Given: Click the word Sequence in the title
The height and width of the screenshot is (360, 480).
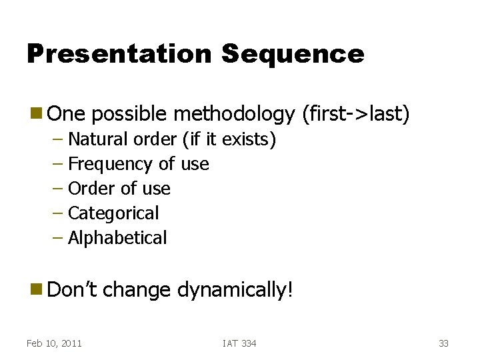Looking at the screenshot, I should pos(293,54).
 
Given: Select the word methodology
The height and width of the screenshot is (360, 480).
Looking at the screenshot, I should pos(233,115).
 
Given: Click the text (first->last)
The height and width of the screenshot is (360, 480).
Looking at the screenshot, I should pos(355,115).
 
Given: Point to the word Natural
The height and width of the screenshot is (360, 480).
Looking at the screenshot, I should pos(98,139).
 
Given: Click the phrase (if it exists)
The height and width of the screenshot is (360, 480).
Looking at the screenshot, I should pos(229,139).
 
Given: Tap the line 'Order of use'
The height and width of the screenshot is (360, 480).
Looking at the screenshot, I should pos(119,189).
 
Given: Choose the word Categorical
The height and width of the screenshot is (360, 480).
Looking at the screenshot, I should pos(113,213).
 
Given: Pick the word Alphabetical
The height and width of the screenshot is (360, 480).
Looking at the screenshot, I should pos(117,238).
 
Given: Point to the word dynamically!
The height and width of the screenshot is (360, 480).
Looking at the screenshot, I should pos(235,290).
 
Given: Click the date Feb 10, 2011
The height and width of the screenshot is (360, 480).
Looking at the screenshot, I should pos(54,343).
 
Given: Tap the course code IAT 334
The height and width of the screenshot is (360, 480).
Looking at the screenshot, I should pos(239,343).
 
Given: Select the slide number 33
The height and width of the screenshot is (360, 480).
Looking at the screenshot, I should pos(443,343).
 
